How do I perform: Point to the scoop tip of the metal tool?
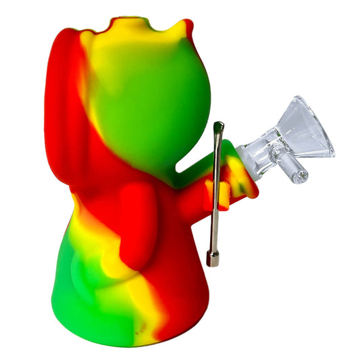coord(218,126)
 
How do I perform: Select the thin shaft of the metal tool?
coord(215,196)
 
